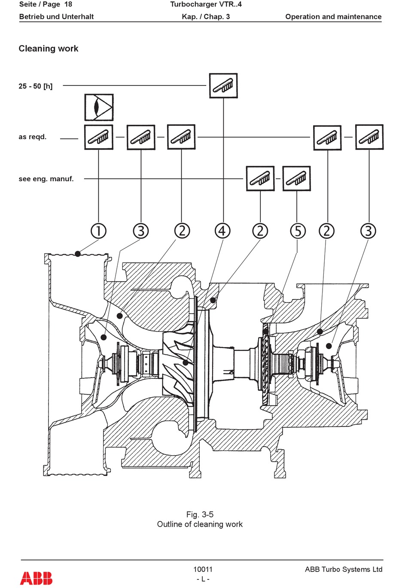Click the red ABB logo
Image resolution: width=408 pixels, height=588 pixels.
click(x=36, y=578)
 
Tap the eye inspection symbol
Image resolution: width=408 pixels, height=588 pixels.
click(x=99, y=107)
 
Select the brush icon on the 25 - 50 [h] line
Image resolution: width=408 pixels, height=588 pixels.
click(x=223, y=86)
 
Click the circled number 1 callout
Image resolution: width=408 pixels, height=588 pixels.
click(x=98, y=231)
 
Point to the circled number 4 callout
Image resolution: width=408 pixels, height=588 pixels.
click(x=222, y=231)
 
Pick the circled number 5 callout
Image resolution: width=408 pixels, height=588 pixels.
click(x=298, y=231)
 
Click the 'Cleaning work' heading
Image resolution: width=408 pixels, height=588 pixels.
click(x=49, y=49)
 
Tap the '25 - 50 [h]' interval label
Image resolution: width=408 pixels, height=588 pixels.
click(x=36, y=86)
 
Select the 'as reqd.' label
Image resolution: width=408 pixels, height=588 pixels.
click(x=33, y=137)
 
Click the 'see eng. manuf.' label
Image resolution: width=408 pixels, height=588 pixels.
click(x=46, y=179)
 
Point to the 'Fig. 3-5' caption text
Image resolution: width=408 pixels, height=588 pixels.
click(x=200, y=514)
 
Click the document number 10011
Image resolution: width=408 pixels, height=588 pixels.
click(x=203, y=569)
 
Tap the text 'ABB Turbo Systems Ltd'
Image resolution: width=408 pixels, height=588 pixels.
click(x=343, y=569)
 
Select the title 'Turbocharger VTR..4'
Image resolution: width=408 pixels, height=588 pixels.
click(x=206, y=5)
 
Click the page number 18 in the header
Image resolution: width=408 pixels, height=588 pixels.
click(x=68, y=5)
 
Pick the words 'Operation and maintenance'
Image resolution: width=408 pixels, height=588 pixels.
click(x=333, y=17)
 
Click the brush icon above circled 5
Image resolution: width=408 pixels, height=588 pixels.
click(x=297, y=179)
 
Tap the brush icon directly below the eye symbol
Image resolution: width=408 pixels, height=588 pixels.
click(x=99, y=137)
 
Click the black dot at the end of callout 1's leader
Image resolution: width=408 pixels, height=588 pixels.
click(x=78, y=254)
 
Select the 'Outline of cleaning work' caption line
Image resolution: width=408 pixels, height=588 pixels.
click(x=200, y=524)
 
